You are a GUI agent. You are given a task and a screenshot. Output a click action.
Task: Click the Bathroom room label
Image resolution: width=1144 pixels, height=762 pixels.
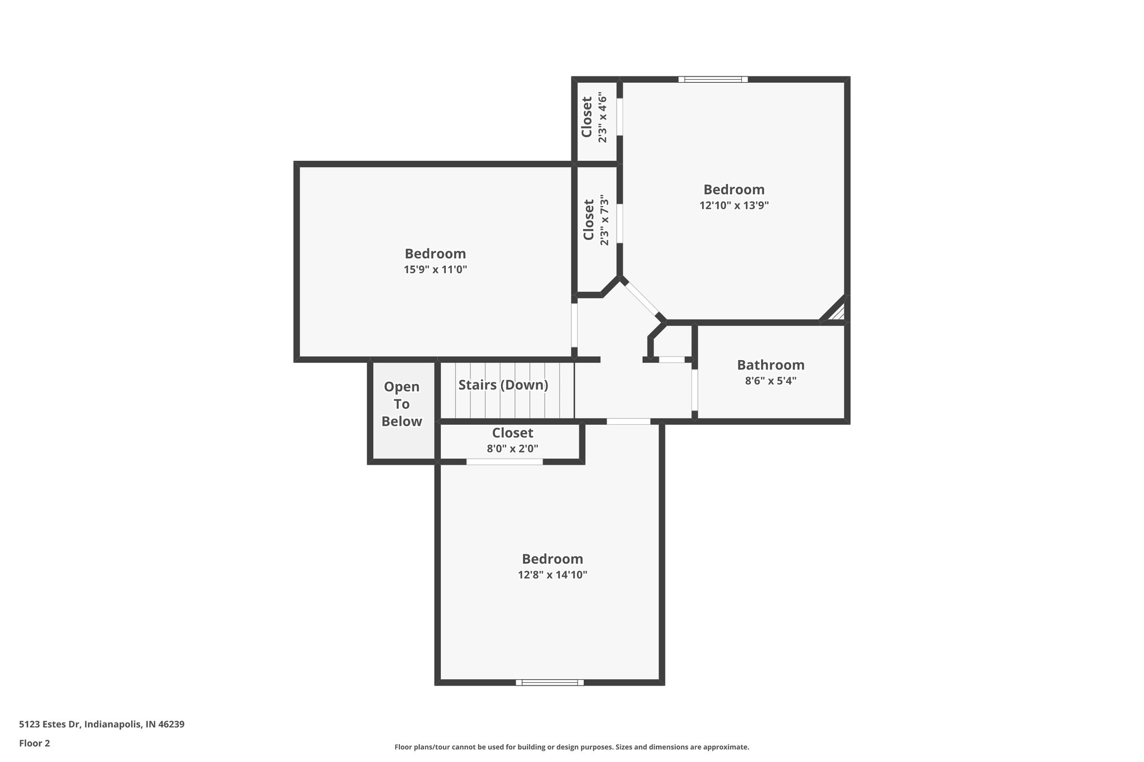pyautogui.click(x=770, y=365)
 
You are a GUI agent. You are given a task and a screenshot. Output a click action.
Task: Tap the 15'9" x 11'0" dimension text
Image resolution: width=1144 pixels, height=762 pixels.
pyautogui.click(x=435, y=270)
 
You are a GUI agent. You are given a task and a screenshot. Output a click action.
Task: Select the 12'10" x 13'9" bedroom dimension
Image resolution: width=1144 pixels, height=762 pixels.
pyautogui.click(x=734, y=205)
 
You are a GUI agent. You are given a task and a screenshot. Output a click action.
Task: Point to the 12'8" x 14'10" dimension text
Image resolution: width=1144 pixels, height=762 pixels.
pyautogui.click(x=552, y=575)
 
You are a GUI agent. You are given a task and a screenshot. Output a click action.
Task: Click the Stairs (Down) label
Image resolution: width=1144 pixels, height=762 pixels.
pyautogui.click(x=503, y=385)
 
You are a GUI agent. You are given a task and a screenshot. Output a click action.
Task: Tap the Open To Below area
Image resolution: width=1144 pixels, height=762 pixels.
pyautogui.click(x=402, y=404)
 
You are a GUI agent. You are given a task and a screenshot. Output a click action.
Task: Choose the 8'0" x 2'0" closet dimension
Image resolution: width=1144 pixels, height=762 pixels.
pyautogui.click(x=512, y=448)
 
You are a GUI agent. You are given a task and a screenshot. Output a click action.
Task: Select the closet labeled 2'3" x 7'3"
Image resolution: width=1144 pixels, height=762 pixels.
pyautogui.click(x=595, y=220)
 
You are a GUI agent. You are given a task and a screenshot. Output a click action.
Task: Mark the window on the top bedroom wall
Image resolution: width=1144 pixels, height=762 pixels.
pyautogui.click(x=713, y=79)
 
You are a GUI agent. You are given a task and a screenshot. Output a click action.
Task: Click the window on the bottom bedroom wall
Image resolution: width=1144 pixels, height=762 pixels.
pyautogui.click(x=550, y=682)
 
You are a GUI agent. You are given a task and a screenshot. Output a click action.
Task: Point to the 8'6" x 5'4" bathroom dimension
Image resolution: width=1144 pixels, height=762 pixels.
pyautogui.click(x=770, y=381)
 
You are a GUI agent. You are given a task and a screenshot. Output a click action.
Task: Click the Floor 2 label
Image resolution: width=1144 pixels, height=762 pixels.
pyautogui.click(x=35, y=743)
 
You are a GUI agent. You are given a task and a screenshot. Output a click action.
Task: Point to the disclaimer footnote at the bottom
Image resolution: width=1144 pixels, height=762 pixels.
pyautogui.click(x=571, y=747)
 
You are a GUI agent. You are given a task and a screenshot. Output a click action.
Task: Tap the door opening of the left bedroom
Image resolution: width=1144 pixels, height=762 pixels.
pyautogui.click(x=574, y=325)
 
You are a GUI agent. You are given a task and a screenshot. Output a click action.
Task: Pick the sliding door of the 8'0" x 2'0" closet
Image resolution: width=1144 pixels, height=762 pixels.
pyautogui.click(x=504, y=462)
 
